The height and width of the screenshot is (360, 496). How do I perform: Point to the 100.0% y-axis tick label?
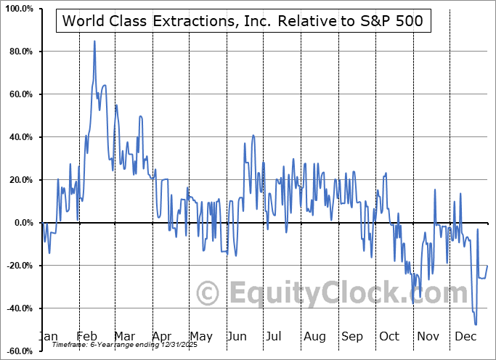(18, 9)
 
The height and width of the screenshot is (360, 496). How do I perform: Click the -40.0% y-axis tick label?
(18, 308)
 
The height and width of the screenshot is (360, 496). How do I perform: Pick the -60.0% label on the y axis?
(18, 351)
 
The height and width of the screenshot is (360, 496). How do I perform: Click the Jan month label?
(48, 337)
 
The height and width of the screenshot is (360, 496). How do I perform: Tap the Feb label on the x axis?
(87, 337)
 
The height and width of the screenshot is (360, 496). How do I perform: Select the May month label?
(200, 337)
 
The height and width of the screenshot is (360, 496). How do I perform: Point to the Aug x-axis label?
(315, 337)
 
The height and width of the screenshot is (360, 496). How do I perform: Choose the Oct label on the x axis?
(390, 337)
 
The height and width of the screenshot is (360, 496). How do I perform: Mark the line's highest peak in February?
(94, 41)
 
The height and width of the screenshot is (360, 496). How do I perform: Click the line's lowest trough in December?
(476, 324)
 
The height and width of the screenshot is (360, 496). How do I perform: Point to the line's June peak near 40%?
(253, 135)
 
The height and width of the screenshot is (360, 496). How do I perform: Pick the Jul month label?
(275, 337)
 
